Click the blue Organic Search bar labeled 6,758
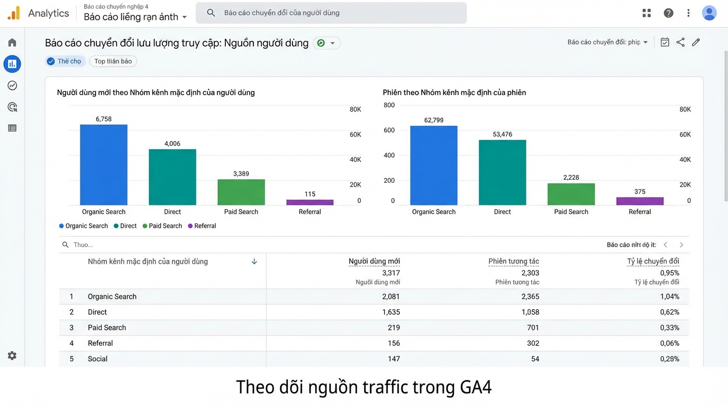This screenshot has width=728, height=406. tap(104, 164)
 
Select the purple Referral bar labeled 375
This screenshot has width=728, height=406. tap(640, 201)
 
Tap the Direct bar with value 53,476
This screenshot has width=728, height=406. tap(502, 172)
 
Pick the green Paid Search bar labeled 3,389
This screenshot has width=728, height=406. tap(241, 192)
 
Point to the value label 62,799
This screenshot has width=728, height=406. tap(434, 120)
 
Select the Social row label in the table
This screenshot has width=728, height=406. tap(97, 359)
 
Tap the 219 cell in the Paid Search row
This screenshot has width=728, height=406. tap(394, 328)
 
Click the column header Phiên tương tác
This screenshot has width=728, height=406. tap(513, 261)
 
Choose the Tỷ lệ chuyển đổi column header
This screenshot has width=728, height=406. tap(653, 261)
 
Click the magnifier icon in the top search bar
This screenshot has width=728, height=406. tap(211, 13)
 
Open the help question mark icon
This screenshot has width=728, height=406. tap(668, 13)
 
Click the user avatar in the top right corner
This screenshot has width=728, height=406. tap(709, 13)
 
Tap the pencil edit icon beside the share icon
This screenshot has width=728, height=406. tap(696, 42)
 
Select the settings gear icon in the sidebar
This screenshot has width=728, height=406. tap(12, 356)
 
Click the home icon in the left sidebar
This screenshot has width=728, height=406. tap(12, 42)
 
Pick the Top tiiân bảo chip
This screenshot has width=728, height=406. tap(113, 61)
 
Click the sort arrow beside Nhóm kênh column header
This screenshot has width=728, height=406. tap(254, 261)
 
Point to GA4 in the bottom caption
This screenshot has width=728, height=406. tap(476, 387)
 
